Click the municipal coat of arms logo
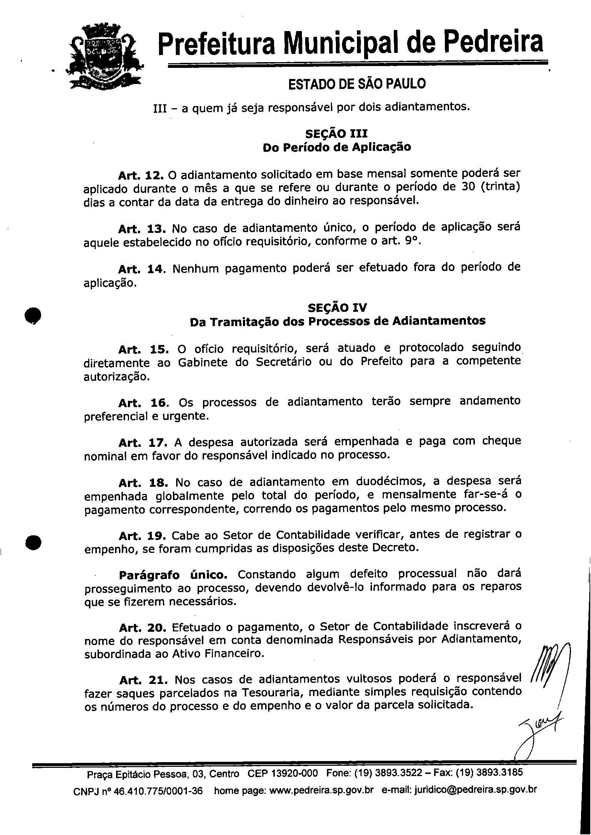click(x=106, y=57)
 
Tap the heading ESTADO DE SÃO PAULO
click(x=357, y=84)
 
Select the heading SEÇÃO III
click(x=337, y=134)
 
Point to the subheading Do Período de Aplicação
click(x=337, y=147)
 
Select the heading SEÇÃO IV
click(x=337, y=307)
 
